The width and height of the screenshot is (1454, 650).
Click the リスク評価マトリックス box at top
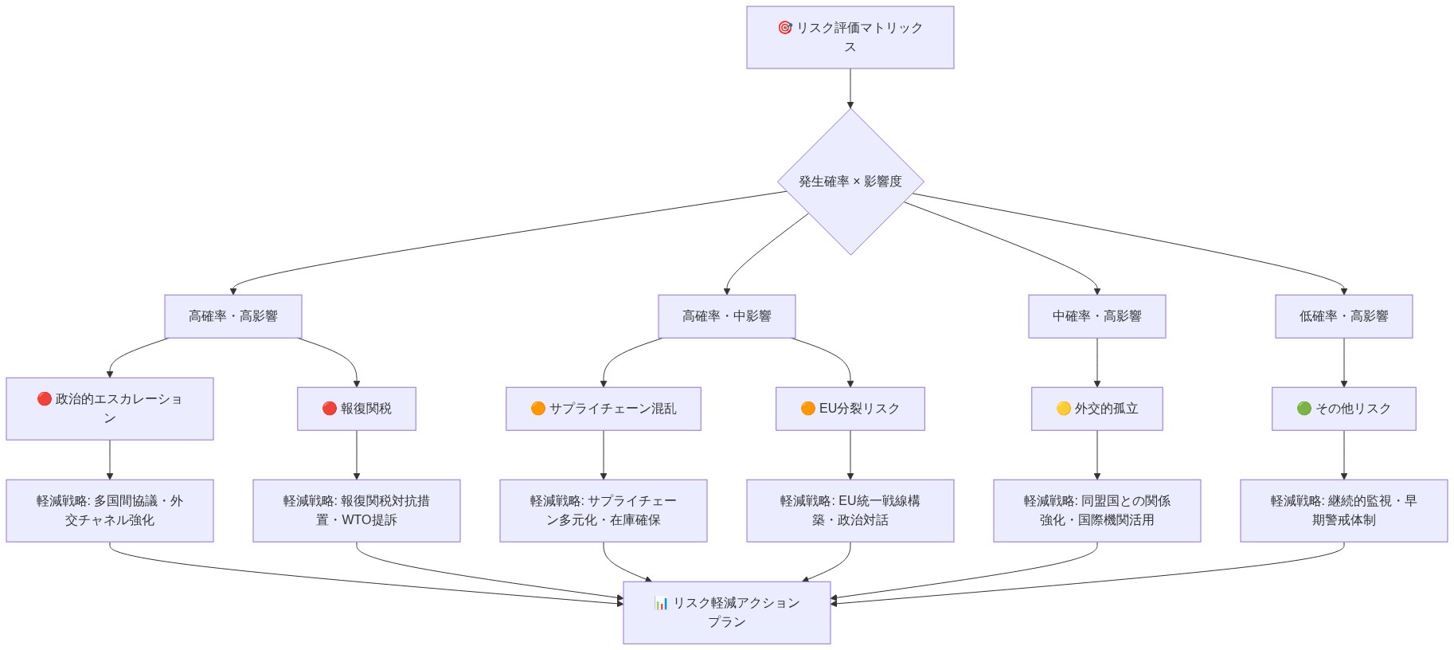(850, 37)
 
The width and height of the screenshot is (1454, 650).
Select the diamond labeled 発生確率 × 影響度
(850, 182)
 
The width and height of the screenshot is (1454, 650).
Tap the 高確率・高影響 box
(233, 316)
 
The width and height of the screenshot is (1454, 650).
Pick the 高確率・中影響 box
(726, 316)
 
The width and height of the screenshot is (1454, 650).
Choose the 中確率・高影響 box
(1096, 316)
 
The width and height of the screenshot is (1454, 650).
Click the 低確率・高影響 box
(1343, 316)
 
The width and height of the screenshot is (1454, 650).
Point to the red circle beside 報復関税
(329, 409)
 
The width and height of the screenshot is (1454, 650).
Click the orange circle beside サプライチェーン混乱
(538, 409)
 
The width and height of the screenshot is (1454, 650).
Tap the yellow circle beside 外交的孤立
(1063, 409)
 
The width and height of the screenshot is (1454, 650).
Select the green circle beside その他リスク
(1304, 409)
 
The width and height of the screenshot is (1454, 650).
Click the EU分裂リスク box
(850, 409)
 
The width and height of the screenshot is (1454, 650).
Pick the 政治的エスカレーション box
(109, 409)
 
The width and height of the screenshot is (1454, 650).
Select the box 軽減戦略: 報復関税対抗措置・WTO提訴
(356, 511)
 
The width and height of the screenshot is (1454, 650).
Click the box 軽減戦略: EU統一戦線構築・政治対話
(850, 511)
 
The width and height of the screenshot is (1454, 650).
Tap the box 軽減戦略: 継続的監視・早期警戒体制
(1343, 511)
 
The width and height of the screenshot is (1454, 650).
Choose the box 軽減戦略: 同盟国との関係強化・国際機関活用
(1096, 511)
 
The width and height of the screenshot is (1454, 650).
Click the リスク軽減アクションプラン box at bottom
(726, 613)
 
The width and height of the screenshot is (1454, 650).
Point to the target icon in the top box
(784, 28)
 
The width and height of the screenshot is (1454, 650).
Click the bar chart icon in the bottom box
(661, 603)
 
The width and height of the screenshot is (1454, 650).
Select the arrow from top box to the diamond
(850, 88)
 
